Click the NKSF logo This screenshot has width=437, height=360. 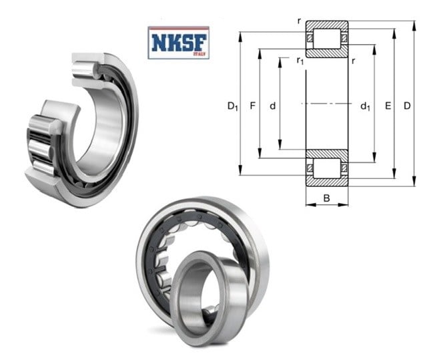[x=178, y=43]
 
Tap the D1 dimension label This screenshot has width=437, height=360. [x=233, y=106]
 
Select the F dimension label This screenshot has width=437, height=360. [x=252, y=106]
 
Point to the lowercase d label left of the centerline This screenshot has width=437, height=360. [x=273, y=106]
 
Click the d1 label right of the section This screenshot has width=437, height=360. [x=366, y=106]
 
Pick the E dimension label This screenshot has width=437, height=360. [x=388, y=106]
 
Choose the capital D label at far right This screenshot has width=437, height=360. [x=407, y=106]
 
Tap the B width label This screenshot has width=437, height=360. [x=327, y=198]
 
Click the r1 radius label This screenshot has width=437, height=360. [x=300, y=61]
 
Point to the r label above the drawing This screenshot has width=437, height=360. [x=299, y=21]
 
